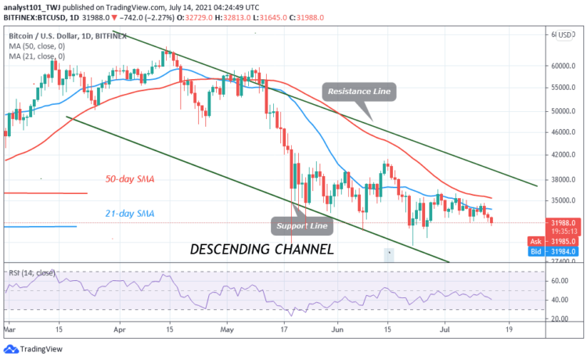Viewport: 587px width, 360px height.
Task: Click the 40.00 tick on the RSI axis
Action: [557, 300]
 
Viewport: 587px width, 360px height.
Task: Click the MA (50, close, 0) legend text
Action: [38, 48]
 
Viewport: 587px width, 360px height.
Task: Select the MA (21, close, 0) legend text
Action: [38, 58]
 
